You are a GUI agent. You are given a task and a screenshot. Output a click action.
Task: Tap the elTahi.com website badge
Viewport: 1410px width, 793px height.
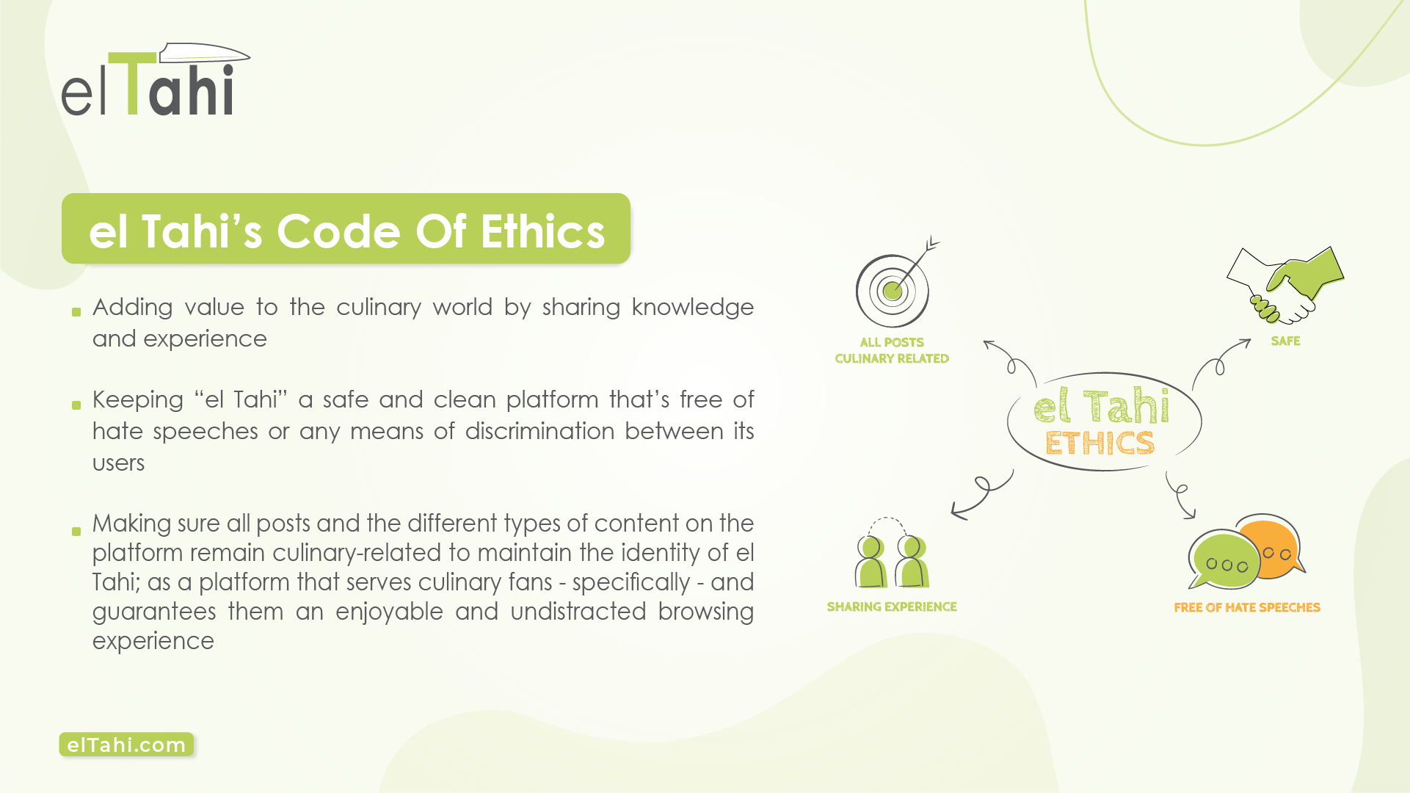126,745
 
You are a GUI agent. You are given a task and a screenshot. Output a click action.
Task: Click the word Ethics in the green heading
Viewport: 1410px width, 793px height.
542,231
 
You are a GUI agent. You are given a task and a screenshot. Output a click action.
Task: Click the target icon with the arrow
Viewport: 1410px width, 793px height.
897,283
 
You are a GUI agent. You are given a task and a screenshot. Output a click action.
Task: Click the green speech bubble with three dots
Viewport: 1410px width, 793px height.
1224,561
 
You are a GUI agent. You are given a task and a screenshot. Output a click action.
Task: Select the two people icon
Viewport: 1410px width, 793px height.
892,554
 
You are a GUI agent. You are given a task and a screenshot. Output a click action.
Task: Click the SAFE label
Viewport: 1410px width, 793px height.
1285,341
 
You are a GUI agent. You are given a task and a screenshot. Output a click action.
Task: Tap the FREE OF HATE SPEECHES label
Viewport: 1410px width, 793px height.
1247,607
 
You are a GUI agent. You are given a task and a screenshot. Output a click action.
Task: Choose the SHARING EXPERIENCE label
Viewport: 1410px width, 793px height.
892,606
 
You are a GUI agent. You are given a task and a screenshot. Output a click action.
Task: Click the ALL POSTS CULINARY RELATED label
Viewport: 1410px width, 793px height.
892,350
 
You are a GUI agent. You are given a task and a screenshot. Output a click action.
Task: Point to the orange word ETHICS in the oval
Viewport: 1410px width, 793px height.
1100,443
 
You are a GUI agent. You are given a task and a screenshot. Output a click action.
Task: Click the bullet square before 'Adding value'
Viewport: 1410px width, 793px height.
76,312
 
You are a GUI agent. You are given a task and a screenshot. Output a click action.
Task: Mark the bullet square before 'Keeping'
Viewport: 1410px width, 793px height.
76,405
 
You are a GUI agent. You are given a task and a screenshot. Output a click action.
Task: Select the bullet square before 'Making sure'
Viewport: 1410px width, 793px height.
76,532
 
